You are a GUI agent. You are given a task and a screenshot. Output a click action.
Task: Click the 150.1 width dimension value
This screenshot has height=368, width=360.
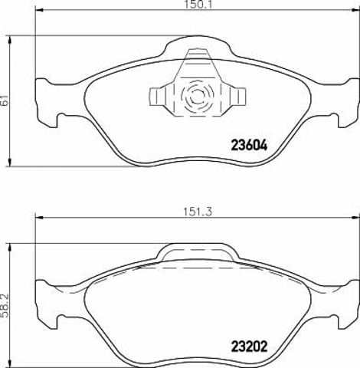(198, 5)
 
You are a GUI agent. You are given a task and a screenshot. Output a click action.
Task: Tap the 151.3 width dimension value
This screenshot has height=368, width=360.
(198, 212)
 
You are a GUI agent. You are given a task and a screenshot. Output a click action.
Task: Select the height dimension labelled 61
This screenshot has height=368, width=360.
(5, 101)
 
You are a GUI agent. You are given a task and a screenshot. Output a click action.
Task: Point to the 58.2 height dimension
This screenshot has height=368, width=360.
(5, 306)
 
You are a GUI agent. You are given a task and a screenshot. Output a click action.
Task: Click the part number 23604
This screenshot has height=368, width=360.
(249, 146)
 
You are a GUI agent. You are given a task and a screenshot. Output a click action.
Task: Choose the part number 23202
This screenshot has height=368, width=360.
(249, 347)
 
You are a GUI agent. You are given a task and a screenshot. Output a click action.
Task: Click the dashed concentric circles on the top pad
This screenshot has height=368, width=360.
(197, 96)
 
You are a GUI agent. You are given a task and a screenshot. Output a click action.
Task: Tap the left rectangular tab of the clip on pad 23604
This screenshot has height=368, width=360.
(155, 97)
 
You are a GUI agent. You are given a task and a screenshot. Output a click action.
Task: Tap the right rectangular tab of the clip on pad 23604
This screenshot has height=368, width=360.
(238, 97)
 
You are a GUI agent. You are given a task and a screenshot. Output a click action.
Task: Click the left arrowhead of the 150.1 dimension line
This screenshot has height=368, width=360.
(39, 10)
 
